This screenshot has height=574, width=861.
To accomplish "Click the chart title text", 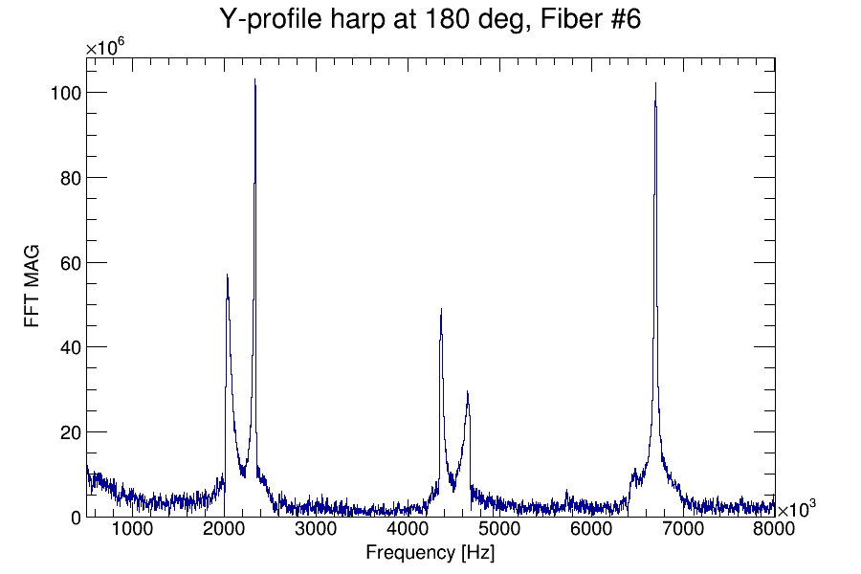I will click(x=430, y=19).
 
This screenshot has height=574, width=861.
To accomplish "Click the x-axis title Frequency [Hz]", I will click(x=430, y=552).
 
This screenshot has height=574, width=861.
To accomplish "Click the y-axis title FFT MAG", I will click(x=33, y=288).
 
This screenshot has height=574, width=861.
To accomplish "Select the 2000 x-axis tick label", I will click(x=224, y=530).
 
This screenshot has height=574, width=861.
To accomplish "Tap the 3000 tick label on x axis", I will click(x=316, y=530).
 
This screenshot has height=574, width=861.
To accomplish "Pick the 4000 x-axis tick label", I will click(x=408, y=530).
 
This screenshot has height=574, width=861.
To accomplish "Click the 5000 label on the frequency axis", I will click(x=499, y=530).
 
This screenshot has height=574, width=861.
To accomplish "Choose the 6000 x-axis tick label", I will click(x=591, y=530).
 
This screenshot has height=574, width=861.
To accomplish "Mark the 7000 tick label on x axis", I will click(x=683, y=530).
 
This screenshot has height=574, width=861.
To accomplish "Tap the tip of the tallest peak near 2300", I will click(x=255, y=79).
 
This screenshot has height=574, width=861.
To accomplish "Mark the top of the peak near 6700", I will click(x=655, y=83).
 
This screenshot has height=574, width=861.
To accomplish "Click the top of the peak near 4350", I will click(x=441, y=309).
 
